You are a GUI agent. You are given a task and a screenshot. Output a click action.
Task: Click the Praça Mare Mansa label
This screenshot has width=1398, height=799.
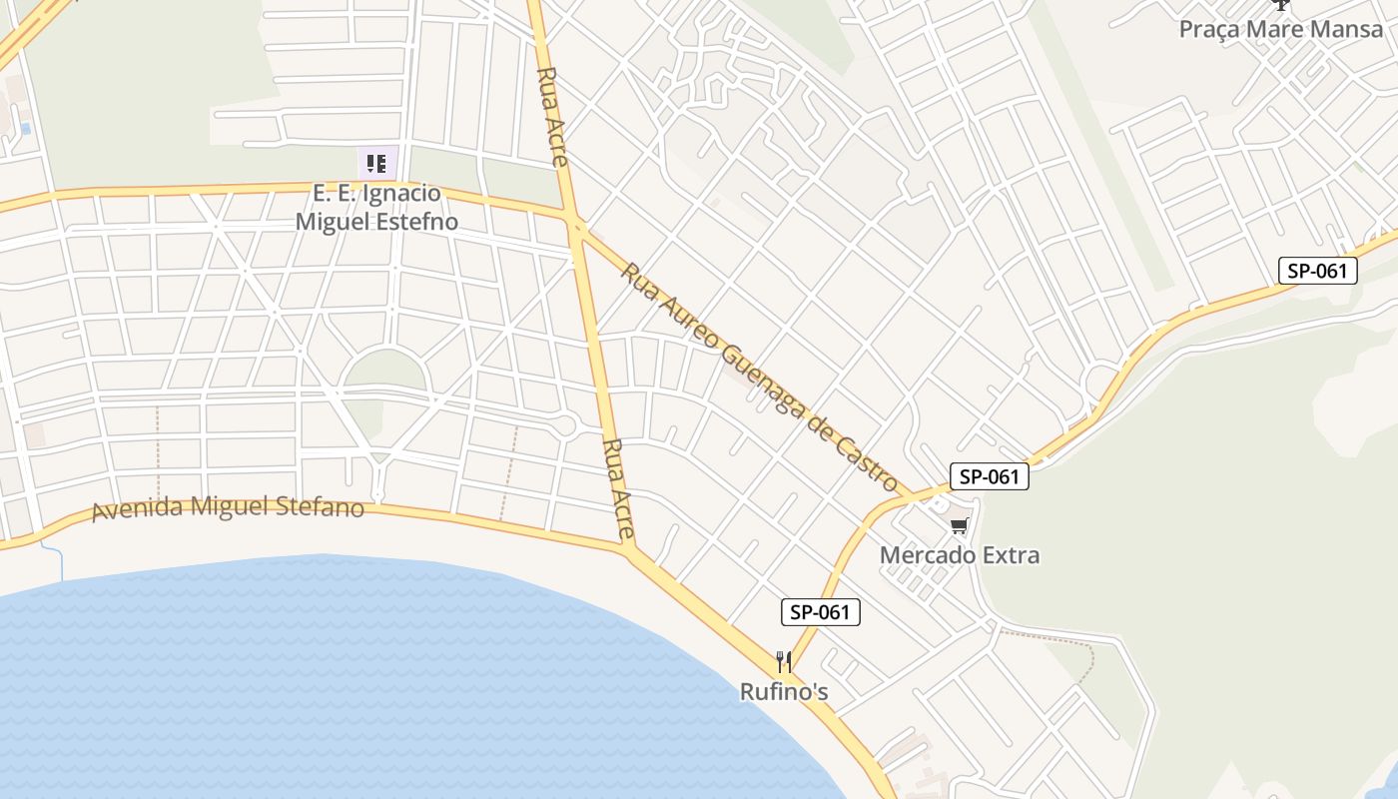tap(1281, 29)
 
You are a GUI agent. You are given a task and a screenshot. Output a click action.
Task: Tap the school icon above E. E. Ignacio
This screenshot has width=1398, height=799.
tap(376, 163)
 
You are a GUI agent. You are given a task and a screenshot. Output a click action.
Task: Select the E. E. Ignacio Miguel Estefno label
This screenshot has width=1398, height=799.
tap(376, 207)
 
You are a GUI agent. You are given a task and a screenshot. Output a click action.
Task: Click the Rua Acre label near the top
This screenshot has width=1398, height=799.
tap(552, 116)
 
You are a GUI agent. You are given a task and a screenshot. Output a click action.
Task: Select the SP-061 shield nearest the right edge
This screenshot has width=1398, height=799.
tap(1318, 270)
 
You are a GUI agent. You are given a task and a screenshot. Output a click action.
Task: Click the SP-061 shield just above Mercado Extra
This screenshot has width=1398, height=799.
tap(989, 476)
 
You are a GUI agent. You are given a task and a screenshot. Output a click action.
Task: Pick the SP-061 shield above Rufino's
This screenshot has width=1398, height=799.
tap(819, 612)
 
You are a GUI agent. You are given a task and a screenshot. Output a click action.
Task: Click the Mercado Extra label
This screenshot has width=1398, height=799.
tap(960, 555)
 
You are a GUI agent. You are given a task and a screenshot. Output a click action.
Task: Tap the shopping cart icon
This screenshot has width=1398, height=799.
tap(960, 525)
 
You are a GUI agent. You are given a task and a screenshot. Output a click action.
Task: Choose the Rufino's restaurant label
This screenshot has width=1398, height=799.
tap(784, 691)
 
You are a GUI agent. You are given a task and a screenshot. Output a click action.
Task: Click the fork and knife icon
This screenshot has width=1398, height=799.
tap(784, 661)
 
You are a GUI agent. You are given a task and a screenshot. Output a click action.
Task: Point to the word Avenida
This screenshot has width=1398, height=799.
tap(137, 509)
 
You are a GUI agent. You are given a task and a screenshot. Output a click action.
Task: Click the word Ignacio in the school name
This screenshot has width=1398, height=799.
tap(401, 193)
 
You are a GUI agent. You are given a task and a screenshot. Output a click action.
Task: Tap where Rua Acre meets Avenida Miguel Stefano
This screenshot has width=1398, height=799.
tap(629, 548)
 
